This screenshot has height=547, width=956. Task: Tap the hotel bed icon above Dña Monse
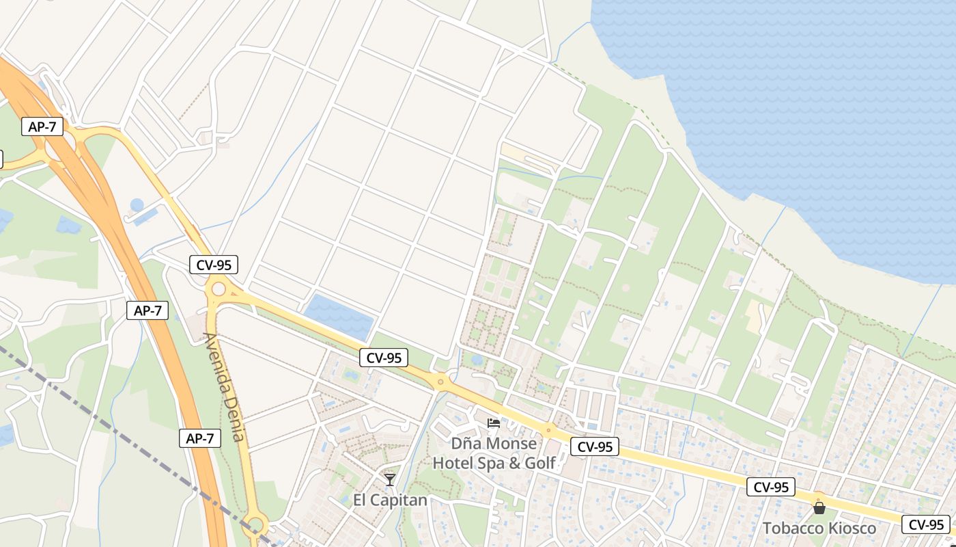tap(493, 423)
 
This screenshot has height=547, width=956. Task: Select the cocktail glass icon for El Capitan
tap(389, 480)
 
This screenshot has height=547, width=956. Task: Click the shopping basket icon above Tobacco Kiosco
tap(819, 508)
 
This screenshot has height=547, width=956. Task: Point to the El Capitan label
tap(390, 500)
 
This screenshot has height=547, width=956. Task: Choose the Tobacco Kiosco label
tap(819, 528)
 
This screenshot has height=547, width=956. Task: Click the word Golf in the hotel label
tap(539, 463)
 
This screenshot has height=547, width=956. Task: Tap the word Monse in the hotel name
tap(513, 443)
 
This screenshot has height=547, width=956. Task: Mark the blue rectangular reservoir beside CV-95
tap(339, 316)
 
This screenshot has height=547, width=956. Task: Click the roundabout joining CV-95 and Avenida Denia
tap(219, 289)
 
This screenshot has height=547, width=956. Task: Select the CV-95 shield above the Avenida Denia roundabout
tap(213, 265)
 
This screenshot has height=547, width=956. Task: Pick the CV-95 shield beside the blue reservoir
tap(384, 357)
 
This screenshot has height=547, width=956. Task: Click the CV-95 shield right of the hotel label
tap(595, 446)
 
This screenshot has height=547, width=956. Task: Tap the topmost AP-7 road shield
tap(42, 126)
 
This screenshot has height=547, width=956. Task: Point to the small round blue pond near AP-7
tap(137, 204)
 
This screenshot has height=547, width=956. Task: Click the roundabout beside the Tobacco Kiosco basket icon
tap(818, 496)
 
